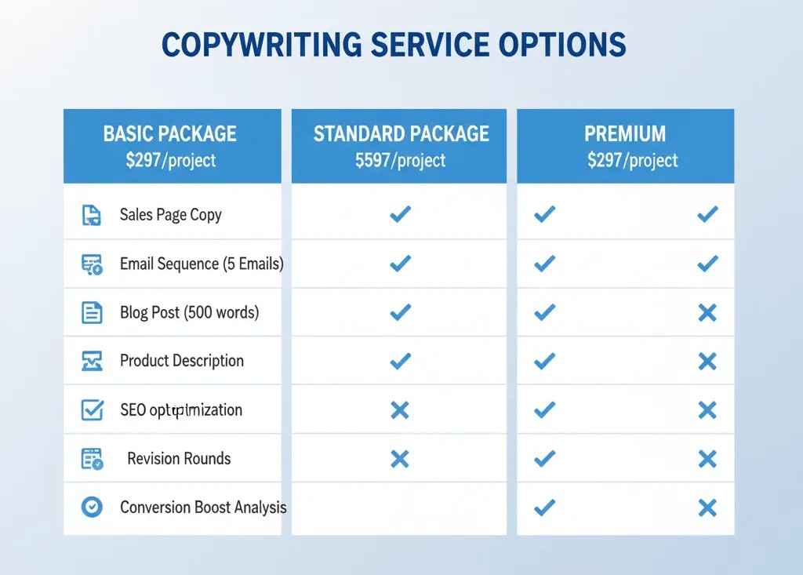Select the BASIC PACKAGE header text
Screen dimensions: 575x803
(169, 133)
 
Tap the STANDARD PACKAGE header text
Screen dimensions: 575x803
(401, 133)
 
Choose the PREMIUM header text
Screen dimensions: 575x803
(625, 133)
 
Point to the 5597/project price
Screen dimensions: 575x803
(400, 161)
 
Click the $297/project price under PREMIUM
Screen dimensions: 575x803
(632, 161)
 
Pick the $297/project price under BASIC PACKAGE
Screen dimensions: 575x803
(170, 161)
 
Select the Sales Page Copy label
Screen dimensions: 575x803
(171, 214)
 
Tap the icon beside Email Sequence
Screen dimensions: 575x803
(92, 264)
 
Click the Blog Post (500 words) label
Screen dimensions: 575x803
(189, 312)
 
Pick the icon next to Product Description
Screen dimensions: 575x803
(92, 361)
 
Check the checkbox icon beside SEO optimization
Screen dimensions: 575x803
(92, 409)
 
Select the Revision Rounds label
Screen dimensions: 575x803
(179, 458)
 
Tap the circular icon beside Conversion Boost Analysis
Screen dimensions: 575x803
(92, 508)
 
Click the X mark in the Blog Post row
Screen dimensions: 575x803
(707, 313)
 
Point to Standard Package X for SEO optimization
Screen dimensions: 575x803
(400, 409)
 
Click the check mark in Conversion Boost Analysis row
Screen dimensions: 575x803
(543, 508)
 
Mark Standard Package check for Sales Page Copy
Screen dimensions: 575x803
(400, 214)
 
